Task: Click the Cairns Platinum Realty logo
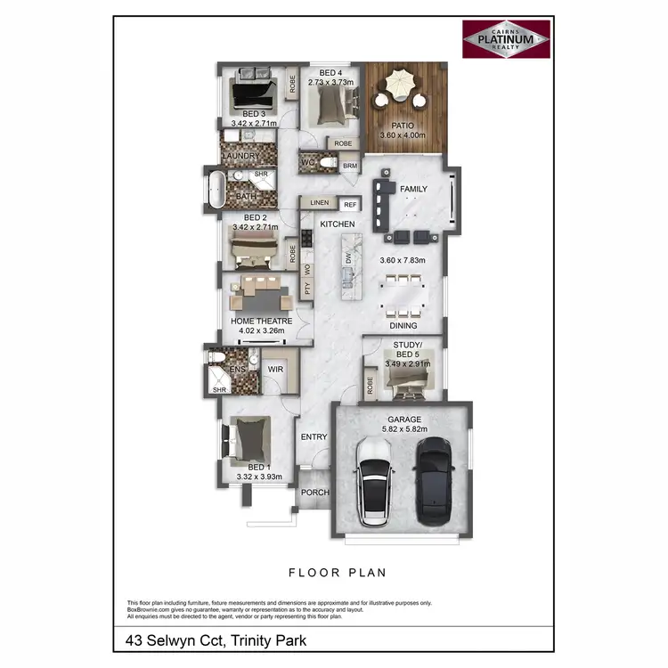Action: click(507, 41)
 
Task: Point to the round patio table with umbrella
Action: click(398, 90)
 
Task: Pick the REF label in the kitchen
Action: click(350, 204)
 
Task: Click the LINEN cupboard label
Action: click(319, 203)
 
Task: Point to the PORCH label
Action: click(315, 493)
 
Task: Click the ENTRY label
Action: click(314, 436)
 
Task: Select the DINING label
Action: click(403, 326)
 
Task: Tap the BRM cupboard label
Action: click(350, 166)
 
